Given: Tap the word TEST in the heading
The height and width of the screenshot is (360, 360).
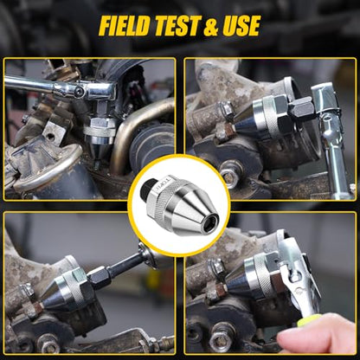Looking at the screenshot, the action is click(177, 26).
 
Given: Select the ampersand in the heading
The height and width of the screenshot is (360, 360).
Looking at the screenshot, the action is click(211, 27).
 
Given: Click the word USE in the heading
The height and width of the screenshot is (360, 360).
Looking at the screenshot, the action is click(241, 26).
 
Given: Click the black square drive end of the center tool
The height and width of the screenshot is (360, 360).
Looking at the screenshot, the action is click(145, 190).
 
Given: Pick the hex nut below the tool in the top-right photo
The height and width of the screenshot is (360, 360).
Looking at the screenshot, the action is click(231, 175).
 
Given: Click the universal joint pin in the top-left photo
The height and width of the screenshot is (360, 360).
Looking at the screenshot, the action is click(79, 92).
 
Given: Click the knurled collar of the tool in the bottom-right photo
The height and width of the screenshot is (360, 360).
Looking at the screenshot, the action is click(262, 278).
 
